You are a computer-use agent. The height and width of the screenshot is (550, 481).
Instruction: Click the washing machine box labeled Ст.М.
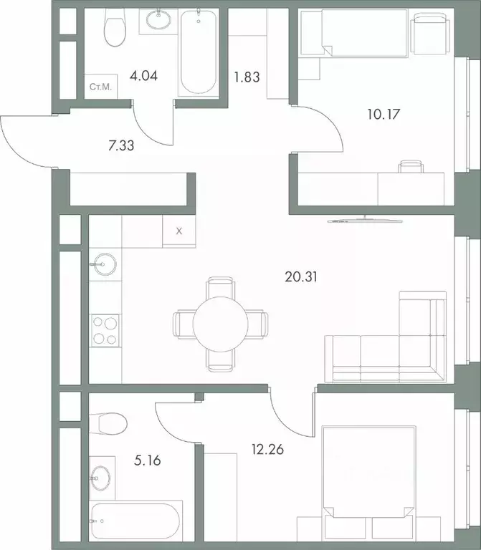click(100, 87)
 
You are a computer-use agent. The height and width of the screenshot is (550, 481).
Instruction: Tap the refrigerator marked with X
click(179, 231)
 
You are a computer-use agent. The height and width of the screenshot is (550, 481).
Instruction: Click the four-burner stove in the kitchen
click(106, 332)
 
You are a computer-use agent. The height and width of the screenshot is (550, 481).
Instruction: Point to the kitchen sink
click(103, 264)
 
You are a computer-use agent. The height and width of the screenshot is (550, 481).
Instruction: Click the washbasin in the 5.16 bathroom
click(100, 474)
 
